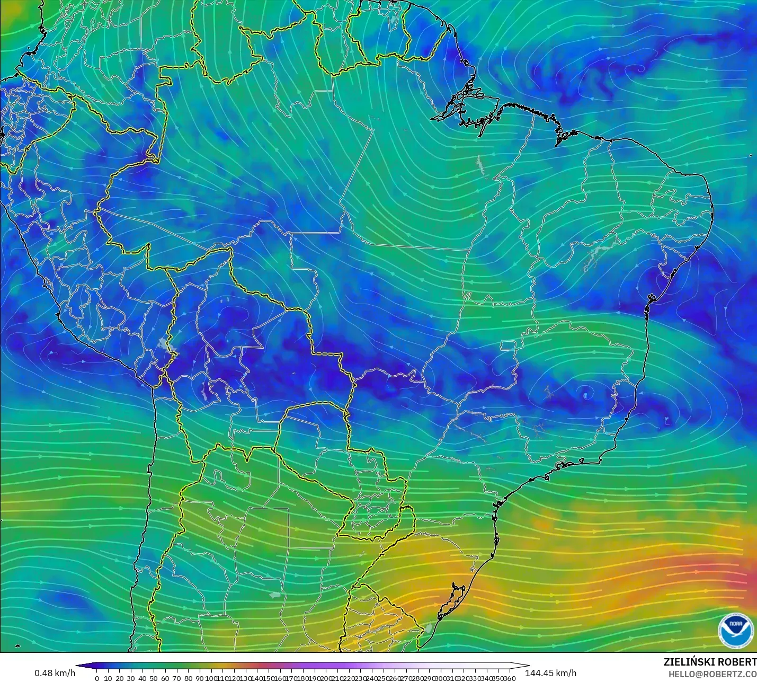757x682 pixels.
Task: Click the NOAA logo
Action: point(735,631)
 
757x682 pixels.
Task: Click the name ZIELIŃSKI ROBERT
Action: point(710,662)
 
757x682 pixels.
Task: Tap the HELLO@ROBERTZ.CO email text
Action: point(712,674)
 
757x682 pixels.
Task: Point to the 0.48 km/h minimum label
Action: point(55,673)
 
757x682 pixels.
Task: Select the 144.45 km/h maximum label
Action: point(550,673)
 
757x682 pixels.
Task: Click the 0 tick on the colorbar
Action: point(96,678)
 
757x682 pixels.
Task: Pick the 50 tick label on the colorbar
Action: point(154,678)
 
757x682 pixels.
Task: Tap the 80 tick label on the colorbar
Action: point(188,678)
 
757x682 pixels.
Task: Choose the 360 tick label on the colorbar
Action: point(509,678)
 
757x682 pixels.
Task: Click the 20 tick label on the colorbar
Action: point(119,678)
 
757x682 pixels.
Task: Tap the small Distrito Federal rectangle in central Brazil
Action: point(509,346)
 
